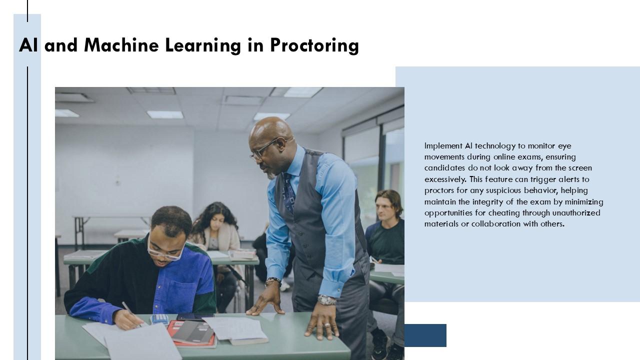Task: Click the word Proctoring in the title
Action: coord(314,45)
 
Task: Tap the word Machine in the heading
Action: coord(121,45)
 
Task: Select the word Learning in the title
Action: coord(203,45)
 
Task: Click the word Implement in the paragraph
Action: coord(443,146)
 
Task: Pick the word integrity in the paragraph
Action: coord(487,202)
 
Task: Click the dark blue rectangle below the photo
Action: coord(425,335)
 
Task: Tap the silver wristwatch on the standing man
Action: coord(327,300)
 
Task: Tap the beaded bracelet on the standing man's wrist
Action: coord(273,281)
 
